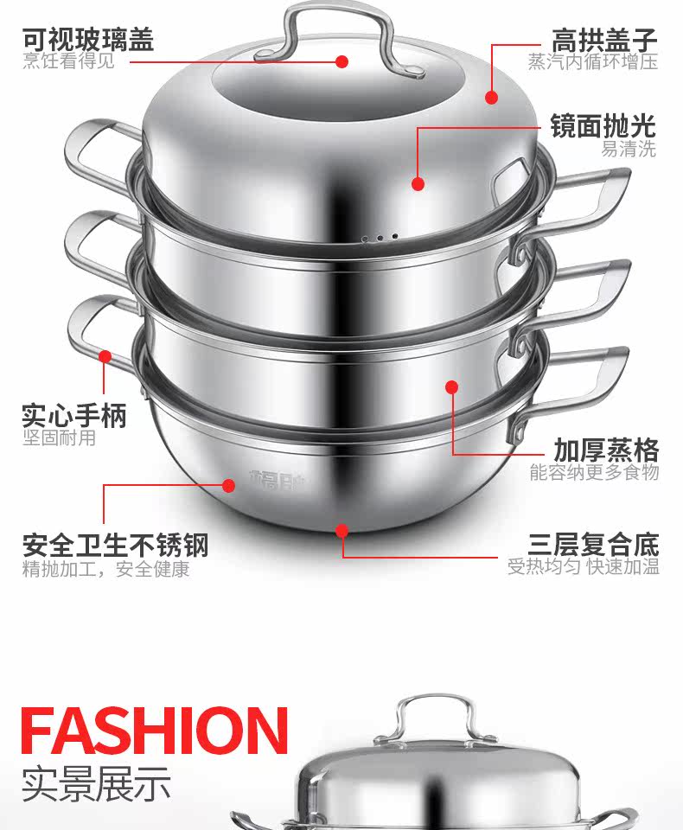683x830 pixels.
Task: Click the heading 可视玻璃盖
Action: click(87, 39)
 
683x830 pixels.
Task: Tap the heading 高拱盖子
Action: click(604, 39)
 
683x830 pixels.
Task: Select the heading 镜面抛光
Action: click(603, 126)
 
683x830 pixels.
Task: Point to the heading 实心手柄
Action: click(74, 415)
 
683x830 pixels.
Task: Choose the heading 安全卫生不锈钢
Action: click(115, 546)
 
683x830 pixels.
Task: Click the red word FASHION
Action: click(154, 731)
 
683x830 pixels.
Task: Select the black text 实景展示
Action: click(96, 783)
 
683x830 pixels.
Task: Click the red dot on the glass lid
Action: click(341, 61)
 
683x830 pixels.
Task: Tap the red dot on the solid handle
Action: click(105, 354)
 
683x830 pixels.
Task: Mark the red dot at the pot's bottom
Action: click(342, 529)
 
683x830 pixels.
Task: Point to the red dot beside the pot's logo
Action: click(229, 485)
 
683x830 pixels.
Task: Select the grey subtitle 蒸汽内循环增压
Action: click(593, 62)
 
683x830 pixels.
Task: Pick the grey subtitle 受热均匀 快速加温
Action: click(583, 568)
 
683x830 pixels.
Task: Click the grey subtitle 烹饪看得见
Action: click(68, 61)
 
